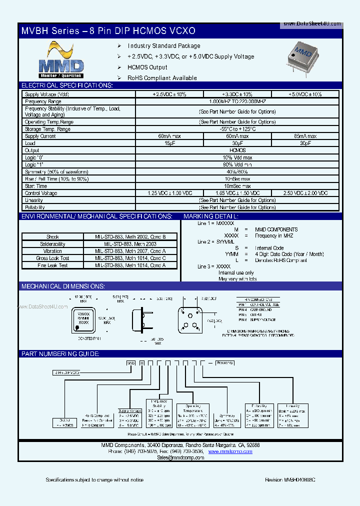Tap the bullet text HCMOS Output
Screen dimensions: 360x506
[x=147, y=67]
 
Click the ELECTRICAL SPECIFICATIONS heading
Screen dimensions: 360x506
[x=67, y=85]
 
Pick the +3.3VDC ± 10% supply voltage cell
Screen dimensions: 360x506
[x=237, y=94]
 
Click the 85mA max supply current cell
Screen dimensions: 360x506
[x=305, y=136]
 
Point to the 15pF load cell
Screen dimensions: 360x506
[x=169, y=143]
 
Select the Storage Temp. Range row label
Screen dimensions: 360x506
[x=48, y=129]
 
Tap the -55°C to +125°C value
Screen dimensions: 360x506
[x=237, y=129]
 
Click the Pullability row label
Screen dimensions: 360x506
[x=35, y=207]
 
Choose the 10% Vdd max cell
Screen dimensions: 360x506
[x=237, y=157]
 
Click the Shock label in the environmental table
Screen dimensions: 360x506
[x=52, y=237]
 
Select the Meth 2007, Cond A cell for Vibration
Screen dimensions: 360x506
[x=130, y=251]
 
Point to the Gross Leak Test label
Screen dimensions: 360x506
[x=52, y=258]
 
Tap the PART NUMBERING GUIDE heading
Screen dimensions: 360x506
[x=60, y=354]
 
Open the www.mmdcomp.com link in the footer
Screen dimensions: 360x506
[x=230, y=451]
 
